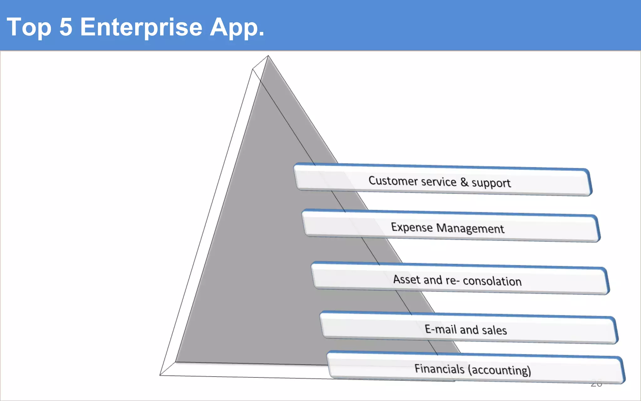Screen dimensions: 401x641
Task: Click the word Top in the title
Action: (29, 28)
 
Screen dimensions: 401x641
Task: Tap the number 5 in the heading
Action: (66, 27)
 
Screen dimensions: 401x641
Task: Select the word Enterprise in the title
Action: (141, 28)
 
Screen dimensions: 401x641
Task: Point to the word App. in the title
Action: (237, 28)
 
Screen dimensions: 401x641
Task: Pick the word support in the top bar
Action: (491, 183)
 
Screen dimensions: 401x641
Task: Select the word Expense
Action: (412, 227)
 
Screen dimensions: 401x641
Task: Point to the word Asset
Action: (407, 279)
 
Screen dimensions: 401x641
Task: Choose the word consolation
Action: (492, 281)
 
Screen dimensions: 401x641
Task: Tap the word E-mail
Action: (440, 329)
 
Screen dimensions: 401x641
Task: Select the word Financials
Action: (439, 369)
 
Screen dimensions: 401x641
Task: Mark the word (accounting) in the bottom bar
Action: (500, 370)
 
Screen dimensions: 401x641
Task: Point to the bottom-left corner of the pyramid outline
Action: (160, 375)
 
